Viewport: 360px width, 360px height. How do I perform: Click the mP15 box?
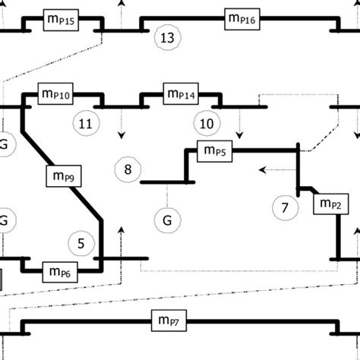(61, 20)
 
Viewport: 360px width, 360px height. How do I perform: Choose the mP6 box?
(61, 270)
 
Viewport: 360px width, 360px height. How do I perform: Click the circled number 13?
(168, 37)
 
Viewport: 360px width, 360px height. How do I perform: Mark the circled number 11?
(85, 122)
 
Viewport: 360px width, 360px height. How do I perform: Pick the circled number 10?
(205, 123)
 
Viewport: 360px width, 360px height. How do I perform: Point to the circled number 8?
(127, 169)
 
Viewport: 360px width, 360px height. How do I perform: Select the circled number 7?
(285, 207)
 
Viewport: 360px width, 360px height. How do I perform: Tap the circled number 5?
(81, 243)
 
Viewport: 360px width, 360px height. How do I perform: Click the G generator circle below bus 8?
(167, 221)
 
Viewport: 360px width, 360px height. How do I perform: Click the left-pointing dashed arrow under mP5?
(261, 169)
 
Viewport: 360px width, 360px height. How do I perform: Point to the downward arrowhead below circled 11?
(120, 136)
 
